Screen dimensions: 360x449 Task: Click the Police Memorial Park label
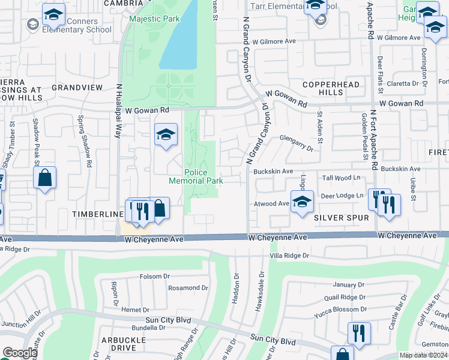coord(195,176)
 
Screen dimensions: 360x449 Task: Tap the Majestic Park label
coord(154,19)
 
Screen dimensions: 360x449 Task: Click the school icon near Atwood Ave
coord(302,200)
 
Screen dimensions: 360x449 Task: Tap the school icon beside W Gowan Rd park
coord(166,134)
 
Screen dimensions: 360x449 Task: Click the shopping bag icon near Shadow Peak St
coord(45,178)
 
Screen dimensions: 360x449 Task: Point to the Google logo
coord(19,353)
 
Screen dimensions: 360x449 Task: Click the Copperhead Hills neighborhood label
coord(322,88)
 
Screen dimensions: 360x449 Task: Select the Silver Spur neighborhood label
coord(341,218)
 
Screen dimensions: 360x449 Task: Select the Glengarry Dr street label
coord(297,140)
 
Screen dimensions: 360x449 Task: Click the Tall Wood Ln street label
coord(341,178)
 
